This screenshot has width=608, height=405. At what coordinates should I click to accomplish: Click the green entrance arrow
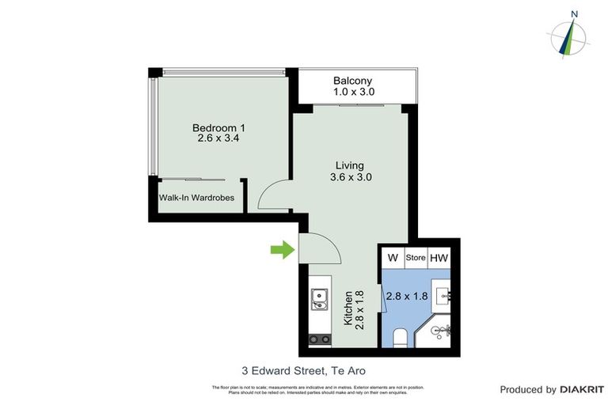280,251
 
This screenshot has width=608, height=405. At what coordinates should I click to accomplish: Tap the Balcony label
352,81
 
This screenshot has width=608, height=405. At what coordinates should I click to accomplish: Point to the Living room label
350,165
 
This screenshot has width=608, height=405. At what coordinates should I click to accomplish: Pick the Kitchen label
347,308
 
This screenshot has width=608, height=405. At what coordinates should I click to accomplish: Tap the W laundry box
392,258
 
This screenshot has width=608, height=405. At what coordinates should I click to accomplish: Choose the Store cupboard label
416,258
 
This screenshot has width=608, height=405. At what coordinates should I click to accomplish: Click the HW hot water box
439,258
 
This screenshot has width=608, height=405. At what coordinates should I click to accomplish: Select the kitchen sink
321,298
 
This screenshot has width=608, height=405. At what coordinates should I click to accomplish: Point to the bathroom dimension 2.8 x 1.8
405,297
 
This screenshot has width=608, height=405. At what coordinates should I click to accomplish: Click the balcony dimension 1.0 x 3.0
353,93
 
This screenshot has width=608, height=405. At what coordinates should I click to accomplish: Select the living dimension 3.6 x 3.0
351,177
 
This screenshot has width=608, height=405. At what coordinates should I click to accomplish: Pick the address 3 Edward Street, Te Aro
303,369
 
